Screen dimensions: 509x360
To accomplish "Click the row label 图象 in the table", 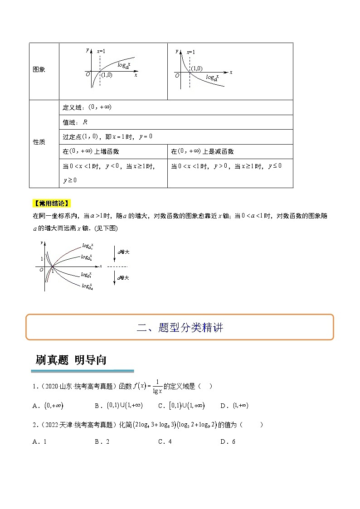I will (39, 70).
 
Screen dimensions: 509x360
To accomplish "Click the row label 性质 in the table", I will (39, 142).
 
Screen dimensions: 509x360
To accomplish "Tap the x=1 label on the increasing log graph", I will (101, 51).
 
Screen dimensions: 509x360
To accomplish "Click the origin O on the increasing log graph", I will (88, 74).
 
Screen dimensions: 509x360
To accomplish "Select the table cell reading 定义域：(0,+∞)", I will (81, 107).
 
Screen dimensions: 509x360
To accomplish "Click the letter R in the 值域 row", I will (85, 122).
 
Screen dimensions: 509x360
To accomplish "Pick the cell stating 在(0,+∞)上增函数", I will (91, 151).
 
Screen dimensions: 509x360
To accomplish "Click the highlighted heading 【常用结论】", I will (52, 203).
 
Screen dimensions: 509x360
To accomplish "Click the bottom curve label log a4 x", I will (88, 286).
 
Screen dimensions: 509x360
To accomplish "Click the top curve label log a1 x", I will (88, 246).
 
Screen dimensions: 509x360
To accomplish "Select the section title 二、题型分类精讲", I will (180, 327).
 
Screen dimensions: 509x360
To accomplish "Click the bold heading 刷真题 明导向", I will (71, 360).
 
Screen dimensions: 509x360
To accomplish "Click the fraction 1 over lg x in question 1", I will (157, 386).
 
